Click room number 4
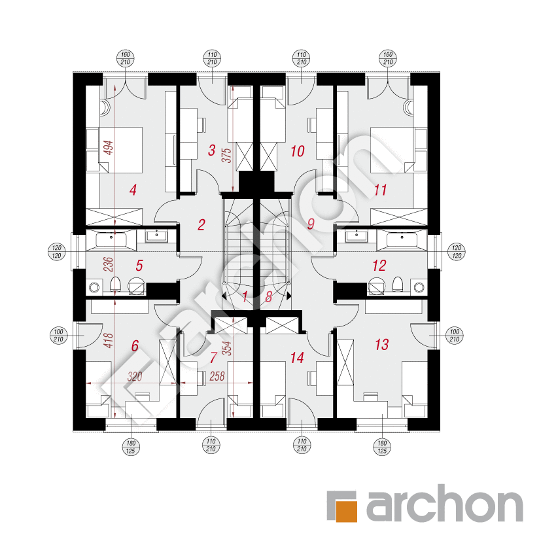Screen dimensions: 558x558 point(133,190)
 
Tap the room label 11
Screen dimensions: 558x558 point(380,190)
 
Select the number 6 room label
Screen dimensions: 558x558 point(135,345)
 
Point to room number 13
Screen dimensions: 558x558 point(382,345)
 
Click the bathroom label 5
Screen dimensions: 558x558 point(139,266)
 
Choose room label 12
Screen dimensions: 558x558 point(379,266)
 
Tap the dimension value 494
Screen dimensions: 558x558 point(108,148)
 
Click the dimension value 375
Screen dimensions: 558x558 point(227,156)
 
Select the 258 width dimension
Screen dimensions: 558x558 point(217,376)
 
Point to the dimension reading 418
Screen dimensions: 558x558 point(108,340)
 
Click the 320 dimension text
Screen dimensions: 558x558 point(135,376)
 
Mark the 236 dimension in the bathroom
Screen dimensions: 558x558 point(108,264)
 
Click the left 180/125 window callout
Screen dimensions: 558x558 point(131,447)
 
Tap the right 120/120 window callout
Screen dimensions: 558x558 point(456,252)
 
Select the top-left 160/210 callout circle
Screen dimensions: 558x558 point(125,58)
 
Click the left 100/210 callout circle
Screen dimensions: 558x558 point(58,336)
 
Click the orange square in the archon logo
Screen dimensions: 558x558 point(347,511)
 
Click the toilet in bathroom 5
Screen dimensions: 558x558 point(115,285)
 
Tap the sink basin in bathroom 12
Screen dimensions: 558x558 point(357,235)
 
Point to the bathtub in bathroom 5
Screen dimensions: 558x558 point(111,239)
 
